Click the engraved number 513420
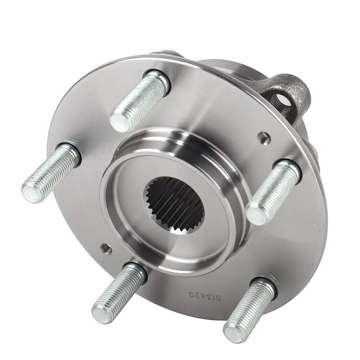click(205, 296)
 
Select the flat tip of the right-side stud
click(257, 212)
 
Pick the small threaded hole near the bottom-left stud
click(106, 249)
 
